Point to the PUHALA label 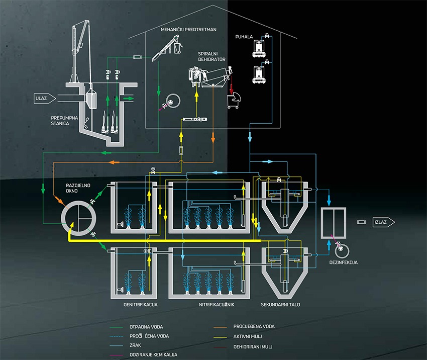pos(244,37)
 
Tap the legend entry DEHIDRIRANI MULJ pos(255,345)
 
